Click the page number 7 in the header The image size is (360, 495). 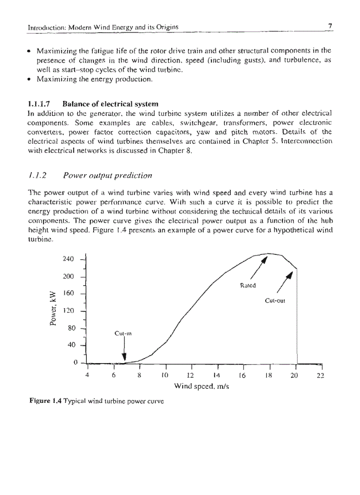tap(330, 26)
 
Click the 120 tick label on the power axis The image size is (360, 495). tap(70, 310)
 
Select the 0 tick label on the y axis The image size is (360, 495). tap(76, 362)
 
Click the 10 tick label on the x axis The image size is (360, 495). tap(165, 375)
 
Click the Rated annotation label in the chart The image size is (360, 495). tap(248, 286)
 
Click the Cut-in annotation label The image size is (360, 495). tap(121, 333)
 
